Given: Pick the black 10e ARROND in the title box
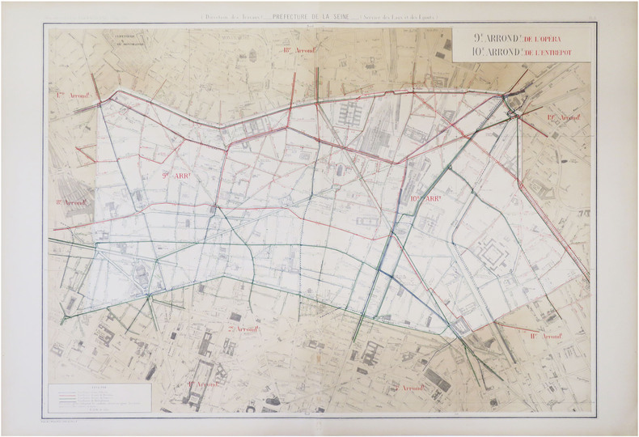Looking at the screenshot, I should pos(489,53).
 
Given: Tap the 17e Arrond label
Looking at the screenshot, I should pos(72,95).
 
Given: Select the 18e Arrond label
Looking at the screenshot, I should pos(298,50).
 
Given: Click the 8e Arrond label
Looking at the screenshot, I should pos(72,202).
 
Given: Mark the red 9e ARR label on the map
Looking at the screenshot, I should pos(177,175).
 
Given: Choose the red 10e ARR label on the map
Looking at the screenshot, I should pos(425,198).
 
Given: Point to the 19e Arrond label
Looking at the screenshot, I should pos(565,118).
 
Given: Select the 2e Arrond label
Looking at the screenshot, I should pos(243,329).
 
